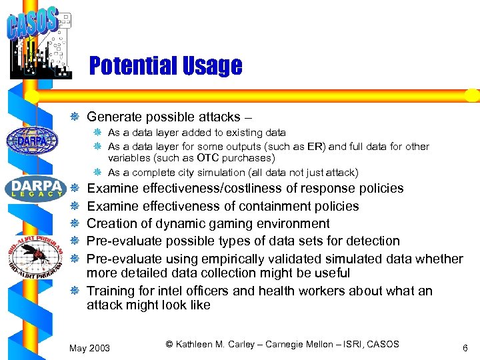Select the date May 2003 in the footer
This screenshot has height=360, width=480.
(x=90, y=348)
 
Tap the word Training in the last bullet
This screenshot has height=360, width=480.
(x=111, y=291)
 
